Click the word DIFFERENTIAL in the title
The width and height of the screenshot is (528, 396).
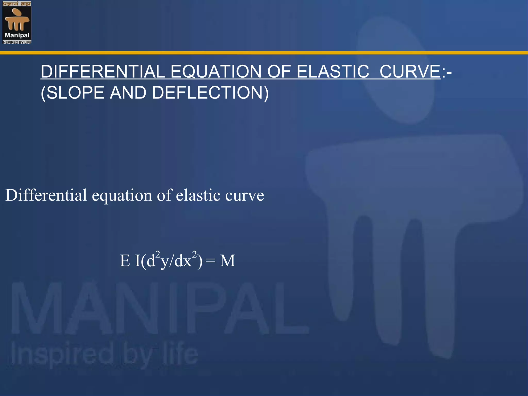[x=103, y=71]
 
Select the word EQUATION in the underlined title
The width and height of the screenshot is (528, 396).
[x=216, y=71]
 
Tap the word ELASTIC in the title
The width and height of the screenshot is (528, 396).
[x=333, y=71]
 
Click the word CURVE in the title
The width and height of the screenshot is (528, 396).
[x=410, y=71]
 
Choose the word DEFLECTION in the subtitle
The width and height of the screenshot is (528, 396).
[x=210, y=93]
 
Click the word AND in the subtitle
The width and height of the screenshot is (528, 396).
[x=128, y=93]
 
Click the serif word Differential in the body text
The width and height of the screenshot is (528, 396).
[x=46, y=195]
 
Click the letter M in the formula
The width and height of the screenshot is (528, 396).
[x=227, y=261]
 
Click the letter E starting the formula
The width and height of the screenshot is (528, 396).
[x=125, y=261]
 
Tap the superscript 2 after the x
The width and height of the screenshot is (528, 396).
[x=194, y=254]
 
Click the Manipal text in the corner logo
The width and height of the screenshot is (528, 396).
[x=17, y=35]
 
